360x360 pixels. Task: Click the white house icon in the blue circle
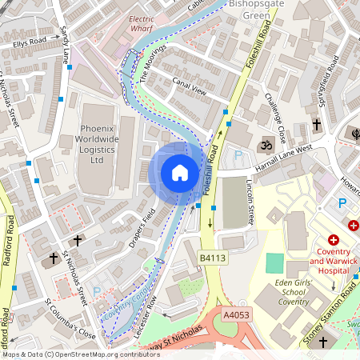[180, 173]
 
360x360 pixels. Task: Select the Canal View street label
[190, 87]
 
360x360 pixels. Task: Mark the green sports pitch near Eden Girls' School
[275, 262]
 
